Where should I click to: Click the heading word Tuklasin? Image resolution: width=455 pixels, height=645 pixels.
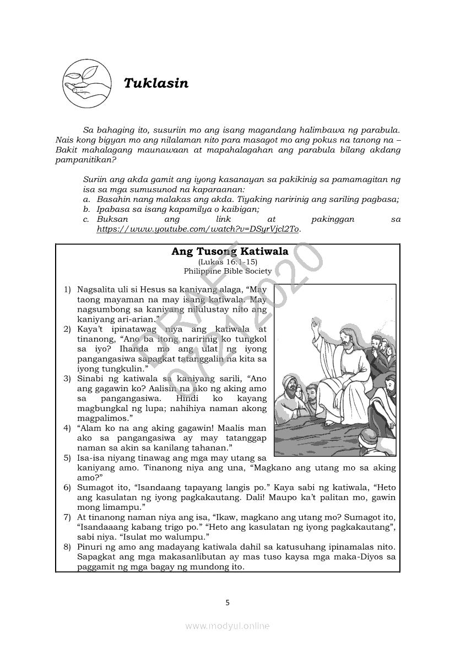pyautogui.click(x=156, y=83)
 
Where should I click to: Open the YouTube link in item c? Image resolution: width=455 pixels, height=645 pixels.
pyautogui.click(x=198, y=228)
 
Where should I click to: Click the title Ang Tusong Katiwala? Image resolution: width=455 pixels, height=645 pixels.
pyautogui.click(x=230, y=252)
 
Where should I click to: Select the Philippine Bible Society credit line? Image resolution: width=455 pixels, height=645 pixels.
pyautogui.click(x=228, y=271)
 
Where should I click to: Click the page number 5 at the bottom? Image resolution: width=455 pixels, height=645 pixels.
pyautogui.click(x=227, y=603)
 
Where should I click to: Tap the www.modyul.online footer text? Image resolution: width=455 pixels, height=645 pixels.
pyautogui.click(x=227, y=626)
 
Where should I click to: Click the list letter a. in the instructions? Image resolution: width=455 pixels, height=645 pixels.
pyautogui.click(x=86, y=199)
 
